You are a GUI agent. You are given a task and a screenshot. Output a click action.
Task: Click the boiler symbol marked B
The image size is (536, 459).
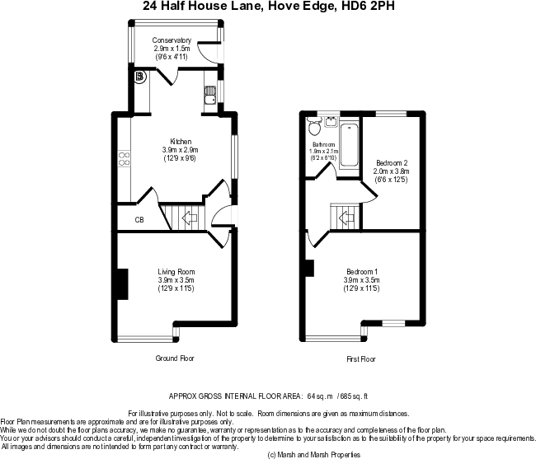140,77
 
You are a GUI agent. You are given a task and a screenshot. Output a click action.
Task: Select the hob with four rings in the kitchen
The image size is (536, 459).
125,157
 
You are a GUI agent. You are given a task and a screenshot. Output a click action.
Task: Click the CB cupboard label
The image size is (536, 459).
139,220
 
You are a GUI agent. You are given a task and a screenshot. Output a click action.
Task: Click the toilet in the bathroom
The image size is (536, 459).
313,126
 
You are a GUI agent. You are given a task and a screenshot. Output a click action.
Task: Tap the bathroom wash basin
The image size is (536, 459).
331,120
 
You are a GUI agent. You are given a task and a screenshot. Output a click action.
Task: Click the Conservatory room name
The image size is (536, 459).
172,40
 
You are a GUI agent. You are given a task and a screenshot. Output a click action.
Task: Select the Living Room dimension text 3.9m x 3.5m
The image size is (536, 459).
176,279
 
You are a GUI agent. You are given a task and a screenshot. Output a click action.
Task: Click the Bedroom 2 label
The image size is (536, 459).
392,162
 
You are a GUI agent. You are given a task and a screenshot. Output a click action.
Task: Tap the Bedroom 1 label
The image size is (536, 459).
362,272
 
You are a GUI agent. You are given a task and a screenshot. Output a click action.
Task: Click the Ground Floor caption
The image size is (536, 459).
175,358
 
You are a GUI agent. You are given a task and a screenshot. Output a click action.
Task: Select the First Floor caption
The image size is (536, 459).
361,359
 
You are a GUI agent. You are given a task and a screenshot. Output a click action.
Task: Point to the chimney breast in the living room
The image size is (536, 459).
122,284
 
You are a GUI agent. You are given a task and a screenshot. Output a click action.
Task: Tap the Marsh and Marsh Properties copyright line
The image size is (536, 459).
315,454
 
